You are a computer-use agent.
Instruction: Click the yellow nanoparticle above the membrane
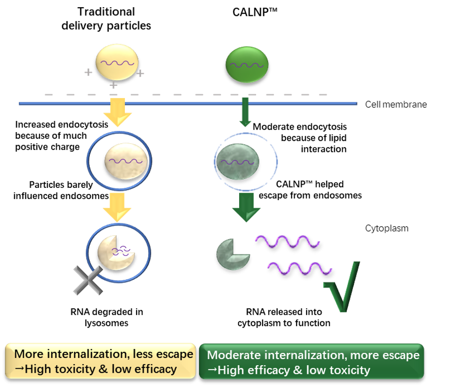tap(117, 62)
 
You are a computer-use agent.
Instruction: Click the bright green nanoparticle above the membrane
tap(247, 64)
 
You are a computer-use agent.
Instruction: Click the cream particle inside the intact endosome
tap(124, 160)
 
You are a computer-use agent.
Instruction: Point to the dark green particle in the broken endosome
tap(238, 162)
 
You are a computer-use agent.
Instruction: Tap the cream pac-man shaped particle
tap(115, 252)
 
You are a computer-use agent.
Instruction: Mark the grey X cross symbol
tap(87, 280)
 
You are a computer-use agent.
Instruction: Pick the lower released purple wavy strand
tap(300, 268)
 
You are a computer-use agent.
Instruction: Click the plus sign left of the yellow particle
tap(88, 73)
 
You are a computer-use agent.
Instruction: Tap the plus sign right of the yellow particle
tap(141, 74)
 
